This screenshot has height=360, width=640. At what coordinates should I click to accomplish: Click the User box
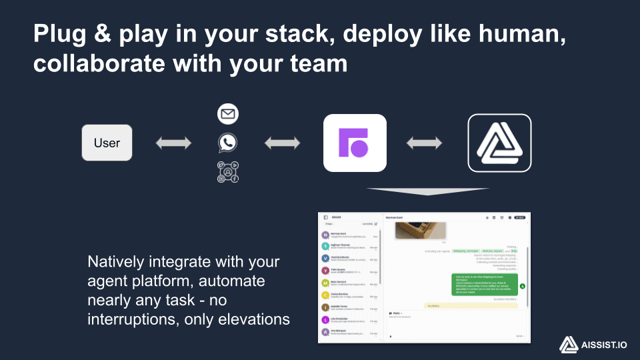point(107,143)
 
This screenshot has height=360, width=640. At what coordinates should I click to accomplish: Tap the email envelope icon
point(228,114)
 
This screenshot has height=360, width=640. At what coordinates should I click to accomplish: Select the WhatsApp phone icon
point(228,143)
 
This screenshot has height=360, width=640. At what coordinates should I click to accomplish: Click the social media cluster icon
point(228,172)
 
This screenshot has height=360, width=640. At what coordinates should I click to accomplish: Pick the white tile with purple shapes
point(355,143)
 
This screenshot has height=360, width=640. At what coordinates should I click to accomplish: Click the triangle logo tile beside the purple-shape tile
point(499,143)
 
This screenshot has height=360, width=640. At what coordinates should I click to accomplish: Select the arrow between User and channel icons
point(173,143)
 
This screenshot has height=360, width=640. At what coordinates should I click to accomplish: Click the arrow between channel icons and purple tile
point(282,143)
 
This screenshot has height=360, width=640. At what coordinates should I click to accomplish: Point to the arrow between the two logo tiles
point(425,143)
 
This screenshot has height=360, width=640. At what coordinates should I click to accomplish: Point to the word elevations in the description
point(249,319)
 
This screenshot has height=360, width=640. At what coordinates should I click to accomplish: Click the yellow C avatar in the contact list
point(325,295)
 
